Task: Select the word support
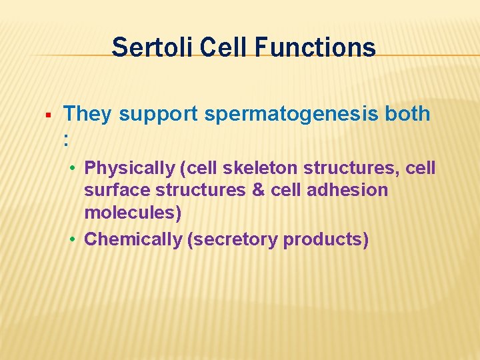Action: point(158,115)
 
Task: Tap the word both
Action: point(407,114)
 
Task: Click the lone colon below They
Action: point(66,139)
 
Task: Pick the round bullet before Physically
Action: point(76,168)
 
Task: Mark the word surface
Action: point(117,190)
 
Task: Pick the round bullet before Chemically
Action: point(76,239)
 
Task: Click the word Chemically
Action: point(133,239)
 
